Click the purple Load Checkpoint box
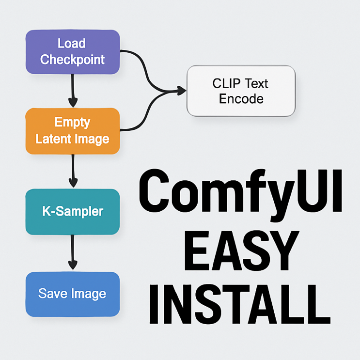pyautogui.click(x=72, y=52)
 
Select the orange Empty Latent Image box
pyautogui.click(x=72, y=131)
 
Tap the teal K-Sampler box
pyautogui.click(x=72, y=212)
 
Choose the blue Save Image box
pyautogui.click(x=72, y=294)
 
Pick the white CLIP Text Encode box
pyautogui.click(x=241, y=91)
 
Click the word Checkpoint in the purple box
pyautogui.click(x=72, y=60)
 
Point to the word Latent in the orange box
pyautogui.click(x=54, y=140)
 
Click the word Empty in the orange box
pyautogui.click(x=72, y=122)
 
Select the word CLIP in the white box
pyautogui.click(x=226, y=83)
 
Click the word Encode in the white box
pyautogui.click(x=241, y=99)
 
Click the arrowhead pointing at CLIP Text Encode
pyautogui.click(x=182, y=91)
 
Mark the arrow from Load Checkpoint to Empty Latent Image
pyautogui.click(x=73, y=90)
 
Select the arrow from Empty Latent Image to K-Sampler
pyautogui.click(x=73, y=171)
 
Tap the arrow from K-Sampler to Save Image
pyautogui.click(x=73, y=252)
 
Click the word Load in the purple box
pyautogui.click(x=71, y=44)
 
